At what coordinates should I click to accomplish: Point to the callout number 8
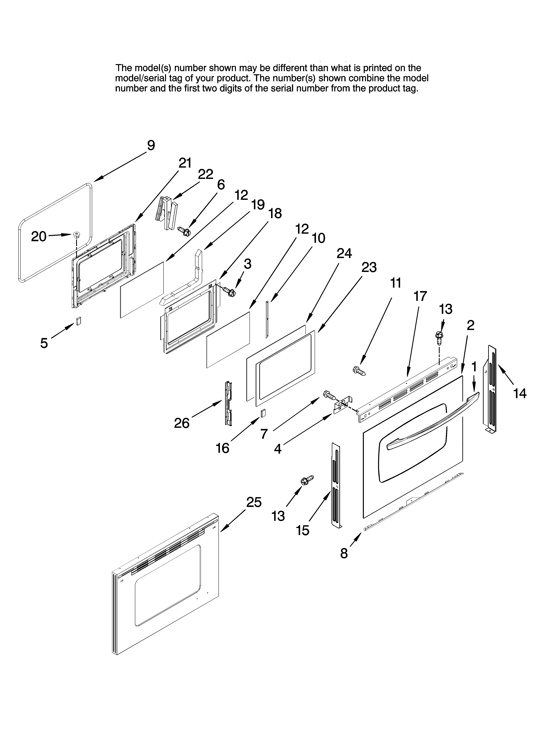(344, 553)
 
